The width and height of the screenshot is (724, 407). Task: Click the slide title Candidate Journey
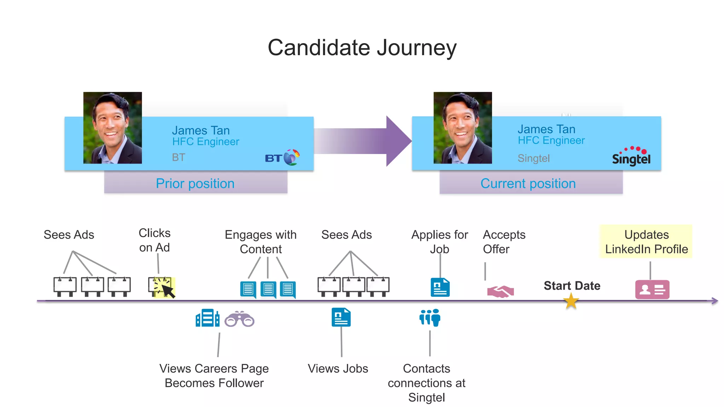(x=362, y=48)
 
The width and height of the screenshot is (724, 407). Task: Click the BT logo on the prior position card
(x=282, y=158)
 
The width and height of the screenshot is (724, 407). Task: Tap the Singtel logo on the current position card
(x=631, y=156)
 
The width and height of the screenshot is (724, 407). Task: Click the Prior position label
(x=195, y=184)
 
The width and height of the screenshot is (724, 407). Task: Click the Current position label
(x=528, y=184)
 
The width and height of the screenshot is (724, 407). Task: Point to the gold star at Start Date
(x=571, y=301)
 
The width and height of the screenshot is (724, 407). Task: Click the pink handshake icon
(x=500, y=291)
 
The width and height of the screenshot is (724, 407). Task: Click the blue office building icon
(x=207, y=318)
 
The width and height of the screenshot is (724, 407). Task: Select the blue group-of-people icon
(x=430, y=317)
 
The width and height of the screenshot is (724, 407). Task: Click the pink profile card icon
(x=652, y=290)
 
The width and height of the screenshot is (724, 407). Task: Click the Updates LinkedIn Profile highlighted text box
(x=646, y=242)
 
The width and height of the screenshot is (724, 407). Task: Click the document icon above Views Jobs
(x=341, y=317)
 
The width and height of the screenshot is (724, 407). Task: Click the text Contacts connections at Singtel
(x=427, y=383)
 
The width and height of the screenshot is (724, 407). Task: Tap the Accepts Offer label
(x=504, y=242)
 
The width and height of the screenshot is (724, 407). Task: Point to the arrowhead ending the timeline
(x=715, y=301)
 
